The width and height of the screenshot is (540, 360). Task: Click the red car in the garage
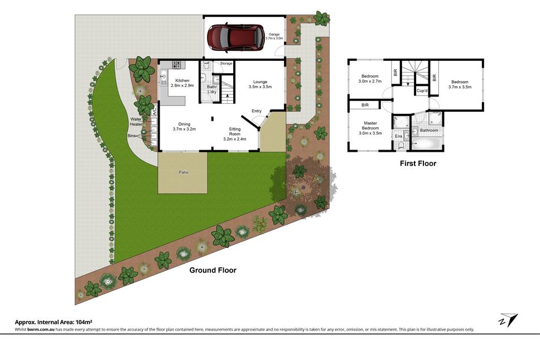(235, 37)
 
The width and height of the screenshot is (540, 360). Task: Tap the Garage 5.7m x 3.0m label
(274, 36)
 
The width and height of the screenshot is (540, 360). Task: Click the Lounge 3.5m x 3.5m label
(260, 84)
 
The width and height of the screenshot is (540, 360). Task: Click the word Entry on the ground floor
(257, 111)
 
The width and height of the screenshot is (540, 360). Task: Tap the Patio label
(183, 172)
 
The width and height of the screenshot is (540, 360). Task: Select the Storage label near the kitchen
(226, 64)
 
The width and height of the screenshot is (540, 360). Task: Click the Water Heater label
(136, 122)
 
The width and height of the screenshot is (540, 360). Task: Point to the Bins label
(132, 136)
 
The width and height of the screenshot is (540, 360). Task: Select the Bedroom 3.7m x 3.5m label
(460, 84)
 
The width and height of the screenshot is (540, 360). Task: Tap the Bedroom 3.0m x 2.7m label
(370, 79)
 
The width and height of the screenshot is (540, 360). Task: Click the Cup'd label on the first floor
(422, 91)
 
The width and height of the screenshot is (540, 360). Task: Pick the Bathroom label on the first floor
(429, 130)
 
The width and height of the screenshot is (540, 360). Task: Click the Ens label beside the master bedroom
(398, 136)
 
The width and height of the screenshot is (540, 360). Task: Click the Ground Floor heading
(213, 270)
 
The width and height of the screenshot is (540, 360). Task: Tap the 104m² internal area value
(84, 323)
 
